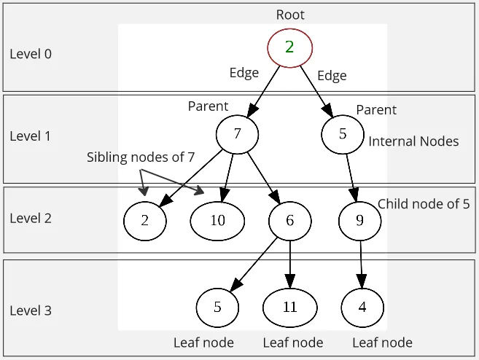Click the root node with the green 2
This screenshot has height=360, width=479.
click(289, 47)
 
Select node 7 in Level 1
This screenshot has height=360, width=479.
click(238, 133)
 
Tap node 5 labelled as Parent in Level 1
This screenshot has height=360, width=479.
click(343, 134)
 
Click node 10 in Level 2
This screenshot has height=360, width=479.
click(217, 220)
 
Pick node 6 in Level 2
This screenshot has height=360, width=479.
click(289, 220)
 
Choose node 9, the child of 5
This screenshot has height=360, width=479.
click(359, 220)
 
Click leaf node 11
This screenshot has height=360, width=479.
click(289, 306)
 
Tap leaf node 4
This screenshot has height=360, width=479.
click(362, 306)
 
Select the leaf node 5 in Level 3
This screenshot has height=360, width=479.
click(217, 306)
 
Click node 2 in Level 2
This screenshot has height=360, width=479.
click(144, 220)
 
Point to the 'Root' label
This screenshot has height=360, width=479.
click(290, 15)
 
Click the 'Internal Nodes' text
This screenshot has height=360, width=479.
click(413, 141)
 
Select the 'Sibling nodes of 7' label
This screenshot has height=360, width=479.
click(141, 157)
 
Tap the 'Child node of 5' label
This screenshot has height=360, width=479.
click(424, 204)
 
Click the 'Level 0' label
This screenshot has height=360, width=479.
click(31, 54)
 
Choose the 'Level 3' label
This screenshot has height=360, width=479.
click(31, 310)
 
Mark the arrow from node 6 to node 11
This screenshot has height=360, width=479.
click(290, 262)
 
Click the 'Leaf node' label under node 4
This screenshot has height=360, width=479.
click(382, 343)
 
